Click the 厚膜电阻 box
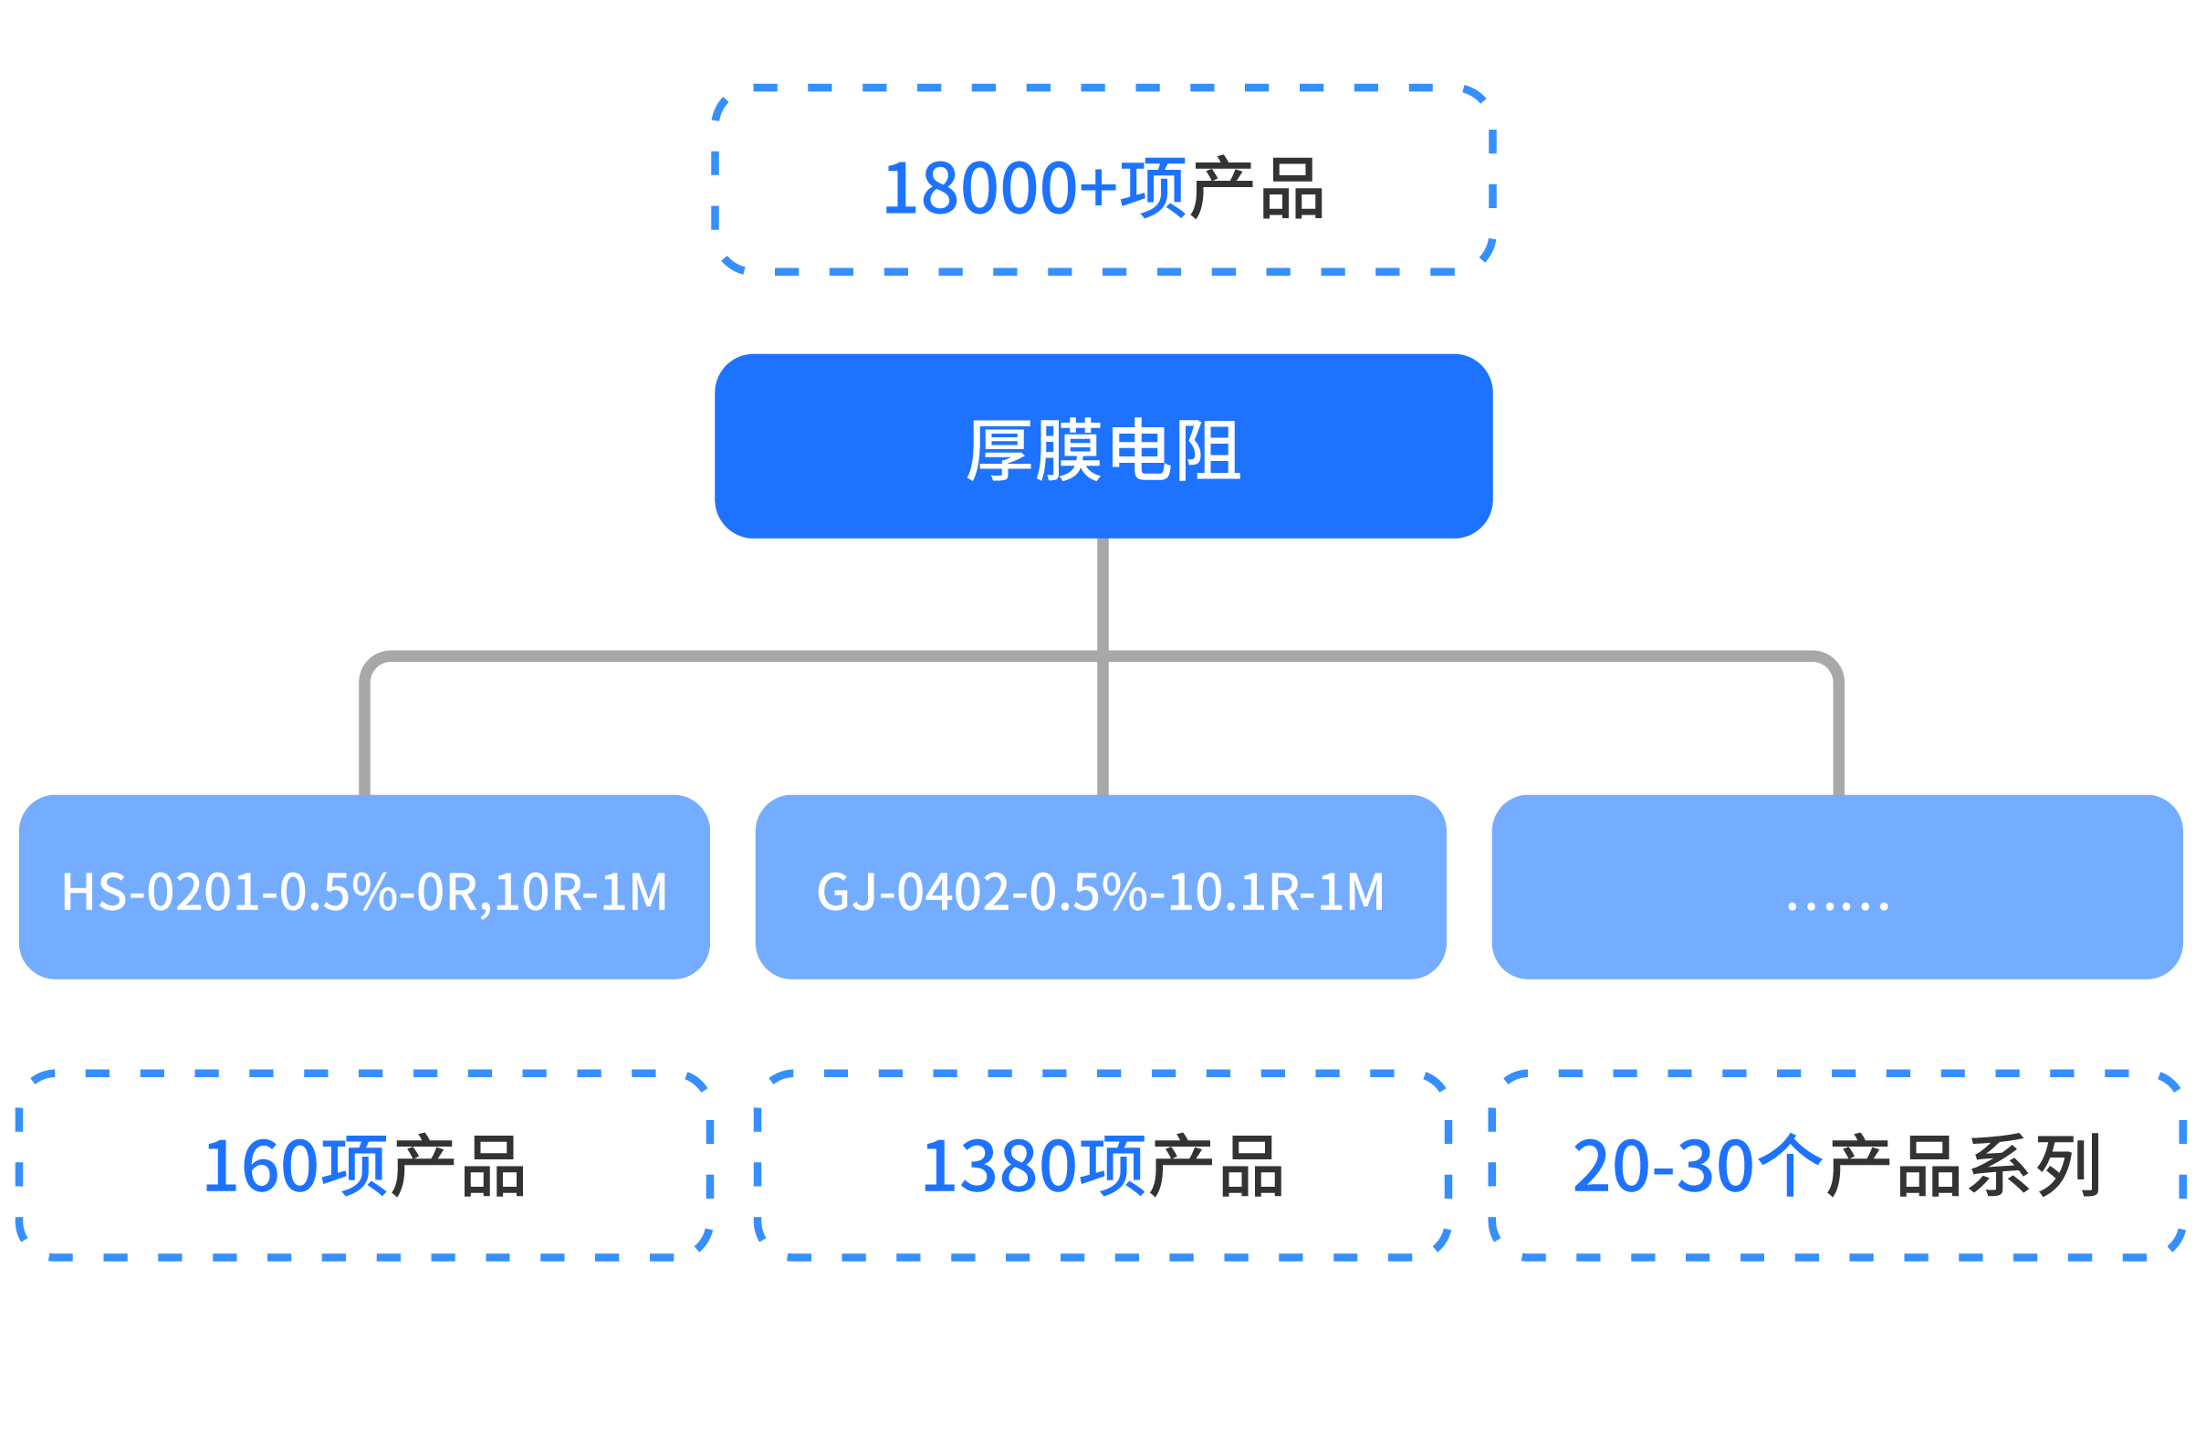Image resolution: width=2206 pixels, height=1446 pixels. point(1103,445)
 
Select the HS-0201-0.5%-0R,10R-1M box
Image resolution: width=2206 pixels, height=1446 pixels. point(364,887)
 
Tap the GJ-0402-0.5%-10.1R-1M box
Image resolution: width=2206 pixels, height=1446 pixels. point(1100,887)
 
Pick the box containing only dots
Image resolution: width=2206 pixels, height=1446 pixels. point(1837,887)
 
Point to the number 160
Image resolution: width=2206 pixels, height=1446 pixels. point(259,1166)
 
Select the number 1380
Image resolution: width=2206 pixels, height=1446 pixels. point(999,1166)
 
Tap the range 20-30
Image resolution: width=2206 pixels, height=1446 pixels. point(1663,1166)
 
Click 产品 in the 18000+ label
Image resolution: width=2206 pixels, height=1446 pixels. point(1258,189)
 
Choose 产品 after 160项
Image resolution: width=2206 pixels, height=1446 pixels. point(458,1166)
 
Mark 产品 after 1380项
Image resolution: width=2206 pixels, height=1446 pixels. point(1216,1166)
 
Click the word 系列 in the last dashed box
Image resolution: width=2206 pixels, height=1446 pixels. point(2033,1166)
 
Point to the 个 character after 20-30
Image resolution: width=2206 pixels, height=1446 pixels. point(1790,1166)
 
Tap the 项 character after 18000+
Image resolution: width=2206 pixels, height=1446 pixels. point(1153,189)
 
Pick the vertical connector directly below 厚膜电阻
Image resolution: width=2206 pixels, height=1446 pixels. point(1103,593)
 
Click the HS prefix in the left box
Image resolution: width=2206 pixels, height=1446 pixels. point(92,893)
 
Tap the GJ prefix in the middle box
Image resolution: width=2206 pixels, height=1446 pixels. point(845,893)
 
